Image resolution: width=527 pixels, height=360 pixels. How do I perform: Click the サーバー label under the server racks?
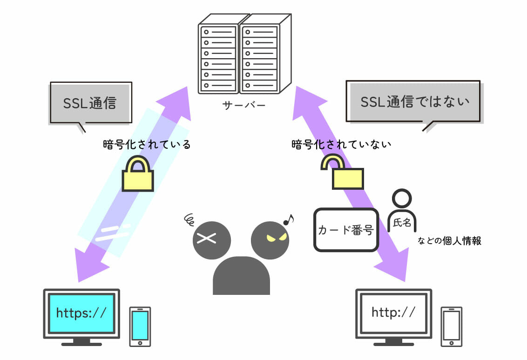(x=243, y=106)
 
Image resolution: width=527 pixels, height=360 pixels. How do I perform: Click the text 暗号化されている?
(x=147, y=145)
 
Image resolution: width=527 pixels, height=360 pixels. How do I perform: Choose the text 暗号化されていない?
(x=341, y=144)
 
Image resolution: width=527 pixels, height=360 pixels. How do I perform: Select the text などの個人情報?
(x=449, y=241)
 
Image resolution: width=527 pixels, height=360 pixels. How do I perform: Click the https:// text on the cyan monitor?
(x=81, y=313)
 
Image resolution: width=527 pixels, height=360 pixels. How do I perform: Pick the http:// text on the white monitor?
(x=393, y=312)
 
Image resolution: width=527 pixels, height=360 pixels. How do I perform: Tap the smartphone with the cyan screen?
(x=140, y=326)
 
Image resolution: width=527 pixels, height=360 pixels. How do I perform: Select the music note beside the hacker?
(x=289, y=219)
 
